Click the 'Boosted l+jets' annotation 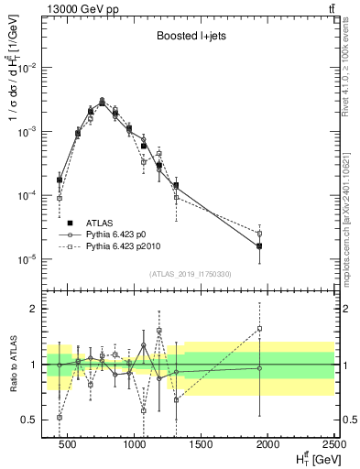[x=190, y=38]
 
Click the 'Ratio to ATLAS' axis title [x=13, y=364]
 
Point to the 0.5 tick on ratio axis [x=31, y=420]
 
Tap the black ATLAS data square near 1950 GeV [x=259, y=245]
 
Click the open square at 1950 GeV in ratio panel [x=259, y=328]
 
